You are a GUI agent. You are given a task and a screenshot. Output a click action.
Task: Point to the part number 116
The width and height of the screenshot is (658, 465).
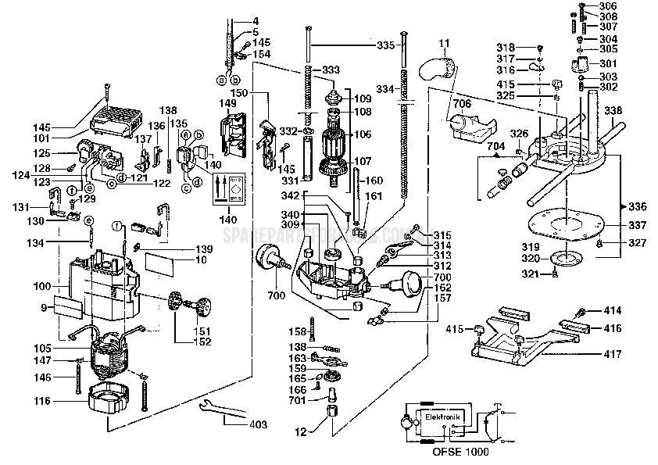click(42, 401)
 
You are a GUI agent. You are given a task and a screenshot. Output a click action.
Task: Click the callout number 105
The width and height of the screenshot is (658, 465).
click(42, 347)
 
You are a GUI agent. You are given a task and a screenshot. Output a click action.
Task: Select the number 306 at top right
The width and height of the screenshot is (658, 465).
click(607, 6)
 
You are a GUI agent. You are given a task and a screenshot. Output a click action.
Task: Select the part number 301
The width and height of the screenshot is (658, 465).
click(607, 63)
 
